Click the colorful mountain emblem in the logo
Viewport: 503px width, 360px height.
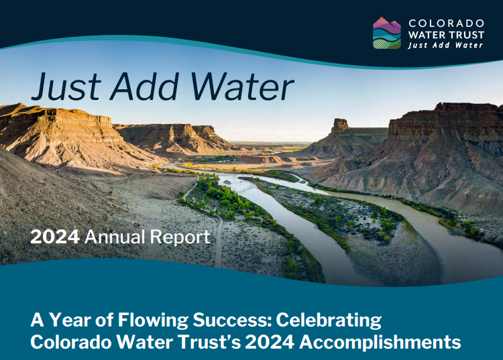coord(386,33)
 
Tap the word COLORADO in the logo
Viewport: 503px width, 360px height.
coord(446,23)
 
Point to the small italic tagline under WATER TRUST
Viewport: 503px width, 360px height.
coord(445,45)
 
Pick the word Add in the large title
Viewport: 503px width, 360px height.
coord(144,86)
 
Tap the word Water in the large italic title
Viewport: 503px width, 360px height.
coord(242,86)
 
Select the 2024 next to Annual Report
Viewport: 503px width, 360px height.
coord(55,237)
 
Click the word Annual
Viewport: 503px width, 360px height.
coord(115,237)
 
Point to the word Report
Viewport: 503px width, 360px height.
coord(180,237)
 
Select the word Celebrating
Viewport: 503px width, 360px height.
coord(329,320)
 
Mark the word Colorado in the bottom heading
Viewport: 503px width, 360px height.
coord(71,342)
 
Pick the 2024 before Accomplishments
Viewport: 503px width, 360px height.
coord(270,342)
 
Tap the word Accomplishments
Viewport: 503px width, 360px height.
coord(380,343)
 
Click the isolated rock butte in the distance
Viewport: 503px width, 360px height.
coord(340,125)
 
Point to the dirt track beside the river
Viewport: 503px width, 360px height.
coord(219,241)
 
